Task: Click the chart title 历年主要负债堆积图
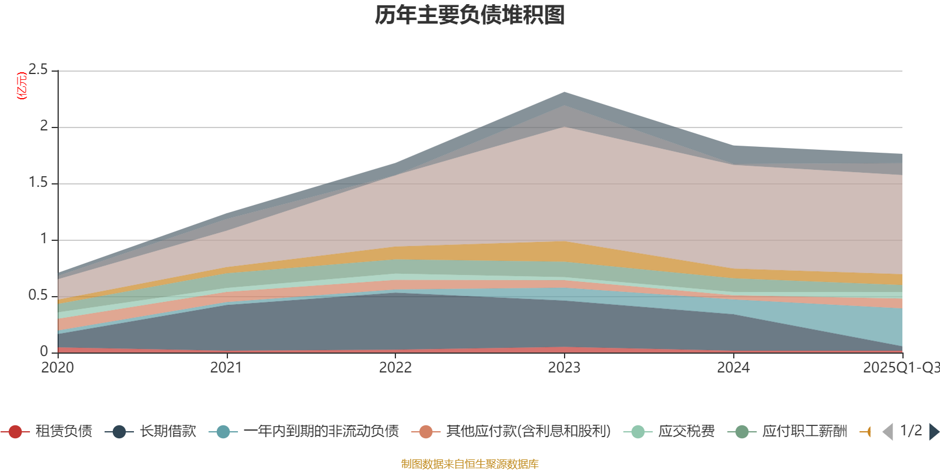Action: pyautogui.click(x=470, y=15)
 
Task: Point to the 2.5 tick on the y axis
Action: pyautogui.click(x=38, y=70)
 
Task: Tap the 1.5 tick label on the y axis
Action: pyautogui.click(x=38, y=183)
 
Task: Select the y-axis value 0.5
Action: pyautogui.click(x=38, y=296)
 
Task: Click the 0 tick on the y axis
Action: pyautogui.click(x=44, y=351)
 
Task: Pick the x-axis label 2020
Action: pyautogui.click(x=58, y=368)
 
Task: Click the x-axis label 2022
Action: pyautogui.click(x=395, y=368)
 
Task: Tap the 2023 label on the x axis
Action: pyautogui.click(x=564, y=368)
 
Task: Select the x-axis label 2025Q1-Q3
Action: pyautogui.click(x=900, y=368)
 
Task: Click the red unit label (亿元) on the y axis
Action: pyautogui.click(x=22, y=86)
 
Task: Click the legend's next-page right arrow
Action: pyautogui.click(x=934, y=432)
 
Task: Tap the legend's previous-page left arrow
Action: pyautogui.click(x=888, y=432)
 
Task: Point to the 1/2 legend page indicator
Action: pyautogui.click(x=911, y=431)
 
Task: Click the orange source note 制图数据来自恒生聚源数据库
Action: pyautogui.click(x=470, y=464)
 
